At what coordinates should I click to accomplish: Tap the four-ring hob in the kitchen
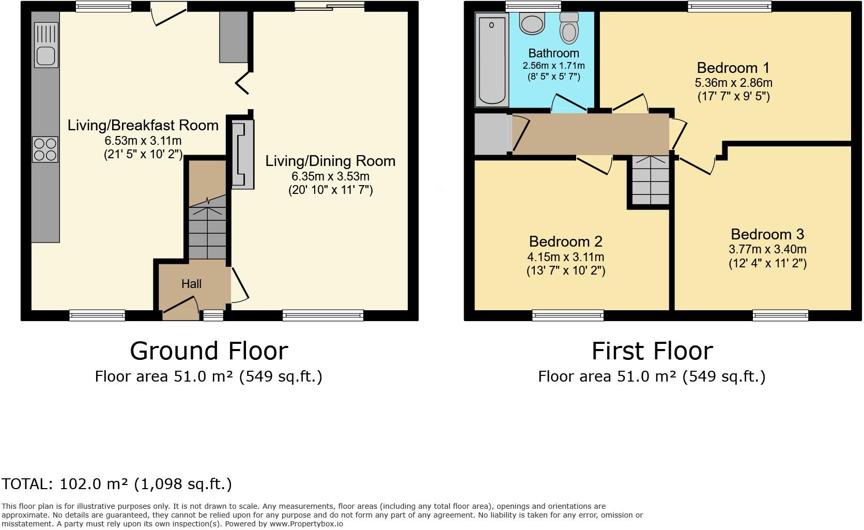45,149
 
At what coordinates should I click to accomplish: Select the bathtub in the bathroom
492,60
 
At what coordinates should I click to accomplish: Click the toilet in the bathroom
569,28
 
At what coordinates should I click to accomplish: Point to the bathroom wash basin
532,23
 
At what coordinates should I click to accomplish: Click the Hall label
191,284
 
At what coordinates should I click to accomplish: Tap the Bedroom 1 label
733,68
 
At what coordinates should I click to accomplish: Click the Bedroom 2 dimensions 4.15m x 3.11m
565,257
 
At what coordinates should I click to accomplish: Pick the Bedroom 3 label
767,234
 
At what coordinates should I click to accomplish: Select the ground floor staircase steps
207,233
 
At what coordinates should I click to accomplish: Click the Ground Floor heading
208,351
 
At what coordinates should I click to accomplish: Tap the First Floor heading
652,351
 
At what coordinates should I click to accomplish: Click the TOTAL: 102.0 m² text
117,484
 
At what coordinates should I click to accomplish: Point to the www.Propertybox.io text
306,524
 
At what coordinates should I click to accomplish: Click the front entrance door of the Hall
180,307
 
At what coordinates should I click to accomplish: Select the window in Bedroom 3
780,314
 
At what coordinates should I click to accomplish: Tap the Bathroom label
553,53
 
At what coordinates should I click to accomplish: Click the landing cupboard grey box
491,134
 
